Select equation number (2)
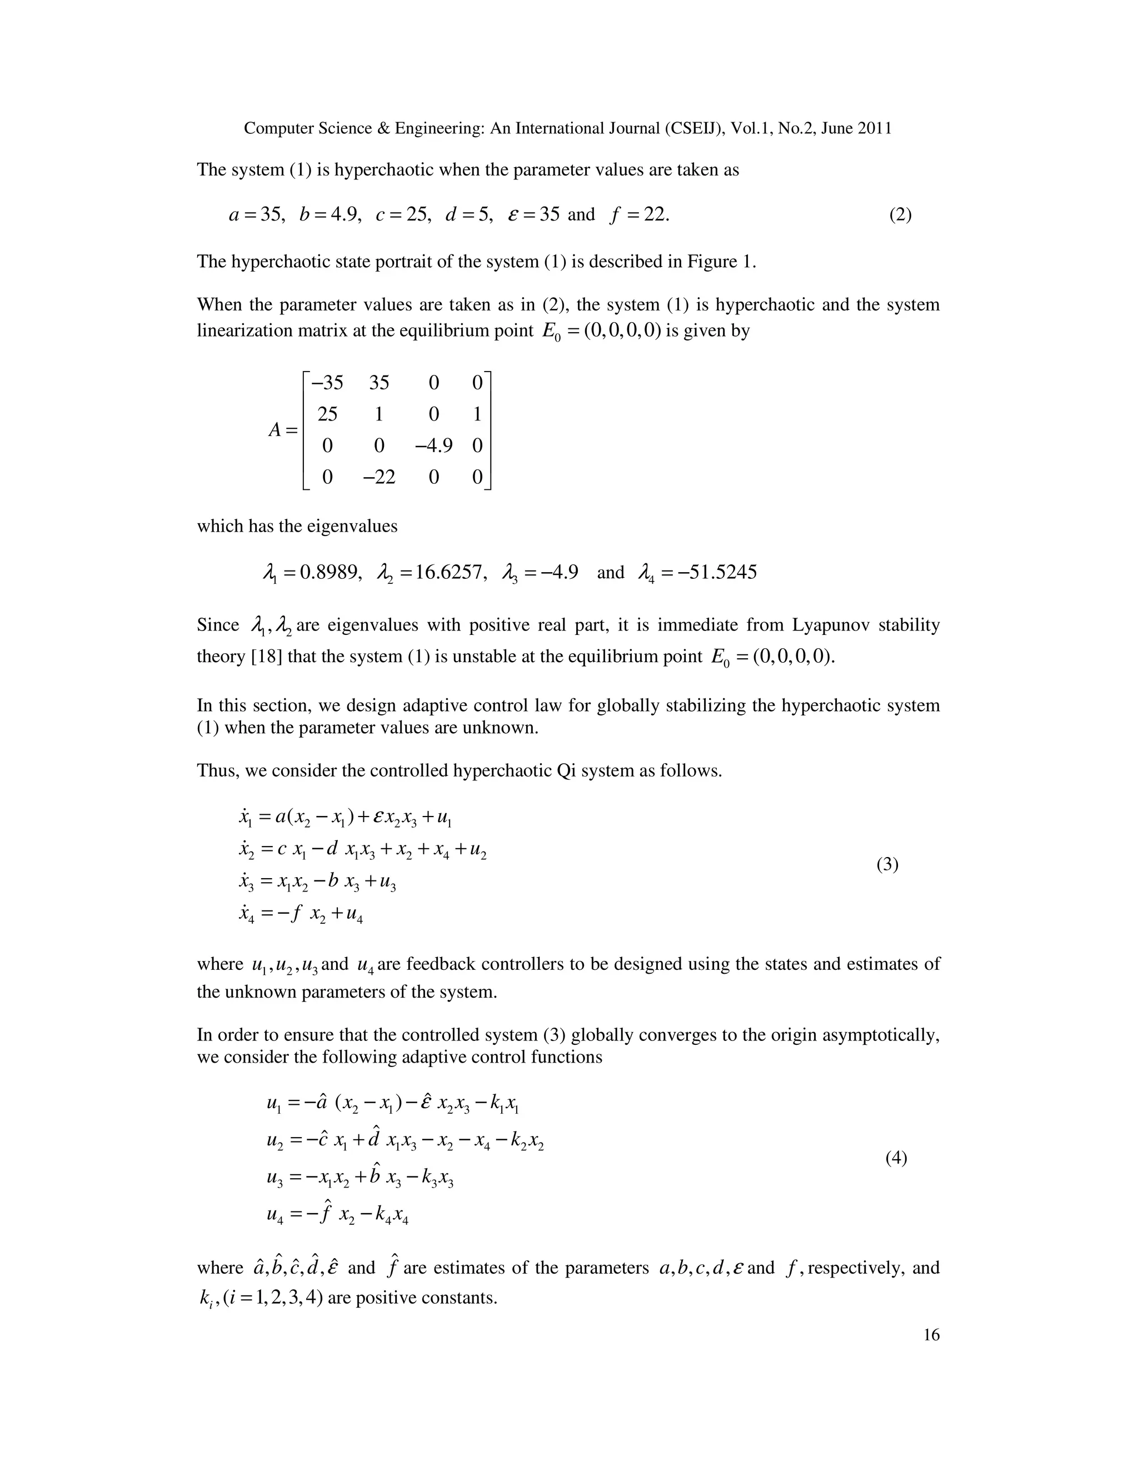(x=900, y=215)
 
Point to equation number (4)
(x=896, y=1158)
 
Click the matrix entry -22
(x=379, y=477)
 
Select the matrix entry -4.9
(x=433, y=445)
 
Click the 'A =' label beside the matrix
(x=282, y=429)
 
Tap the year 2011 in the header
(x=875, y=128)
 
